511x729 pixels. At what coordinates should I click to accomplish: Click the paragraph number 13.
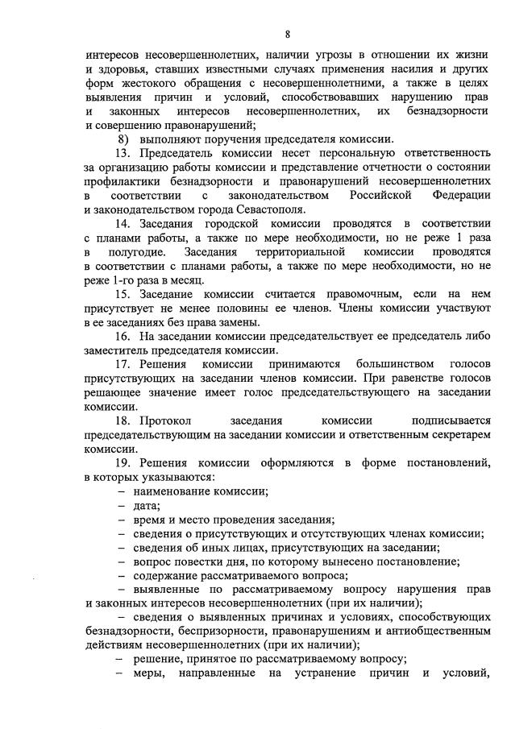[x=123, y=153]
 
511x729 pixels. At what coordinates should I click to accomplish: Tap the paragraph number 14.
[x=123, y=222]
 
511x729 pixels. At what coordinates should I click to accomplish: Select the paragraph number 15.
[x=123, y=294]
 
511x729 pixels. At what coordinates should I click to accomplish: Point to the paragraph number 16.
[x=123, y=336]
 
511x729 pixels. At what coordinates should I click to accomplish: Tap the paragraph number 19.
[x=123, y=462]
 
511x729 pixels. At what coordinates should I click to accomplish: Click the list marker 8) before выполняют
[x=123, y=139]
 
